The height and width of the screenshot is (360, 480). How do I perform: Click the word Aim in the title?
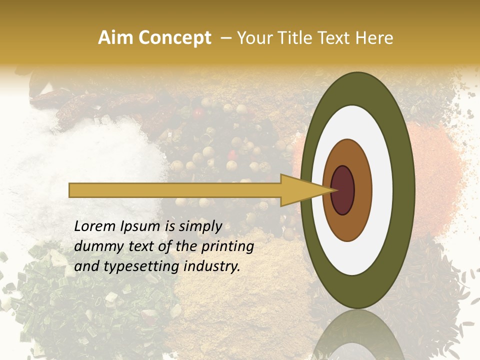116,38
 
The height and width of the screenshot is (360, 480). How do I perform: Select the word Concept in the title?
174,38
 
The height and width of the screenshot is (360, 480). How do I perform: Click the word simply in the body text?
200,226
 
